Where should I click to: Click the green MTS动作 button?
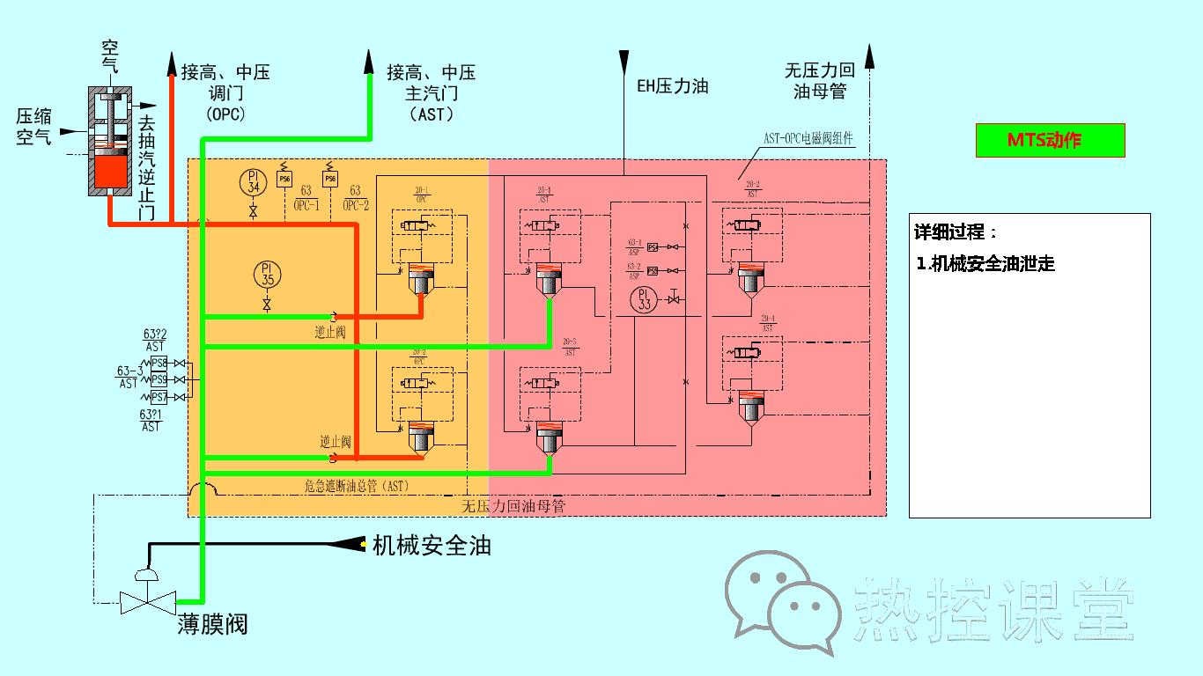(x=1050, y=141)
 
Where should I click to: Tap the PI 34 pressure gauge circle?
(x=254, y=182)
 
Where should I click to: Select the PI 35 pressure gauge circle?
(x=266, y=274)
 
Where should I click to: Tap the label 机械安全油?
(x=432, y=546)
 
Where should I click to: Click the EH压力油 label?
(x=673, y=86)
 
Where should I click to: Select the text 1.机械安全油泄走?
(x=985, y=263)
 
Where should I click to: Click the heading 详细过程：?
(x=956, y=232)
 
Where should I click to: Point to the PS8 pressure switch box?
(x=159, y=363)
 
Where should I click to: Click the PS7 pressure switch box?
(x=159, y=397)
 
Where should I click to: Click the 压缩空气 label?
(x=34, y=126)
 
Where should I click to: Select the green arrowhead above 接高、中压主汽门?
(x=369, y=61)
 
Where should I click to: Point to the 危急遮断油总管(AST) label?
(x=357, y=485)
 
